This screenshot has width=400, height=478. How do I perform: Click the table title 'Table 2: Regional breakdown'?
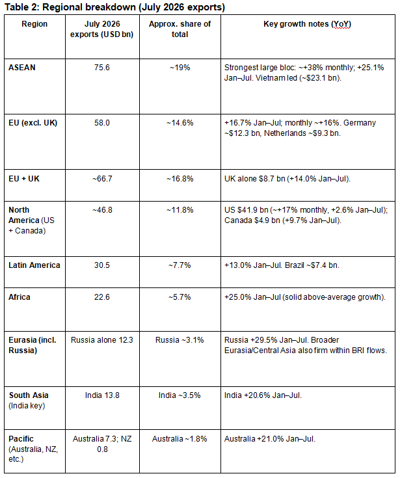click(70, 7)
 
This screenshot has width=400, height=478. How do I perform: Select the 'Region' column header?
click(34, 24)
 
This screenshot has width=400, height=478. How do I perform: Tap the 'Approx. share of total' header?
click(180, 29)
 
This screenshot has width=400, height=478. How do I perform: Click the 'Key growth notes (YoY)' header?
click(307, 24)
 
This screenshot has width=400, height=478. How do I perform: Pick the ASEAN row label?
click(22, 68)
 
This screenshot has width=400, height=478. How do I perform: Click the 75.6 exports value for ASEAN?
click(102, 68)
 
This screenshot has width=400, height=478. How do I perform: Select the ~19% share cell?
click(180, 68)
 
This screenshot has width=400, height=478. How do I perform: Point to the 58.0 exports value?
click(102, 123)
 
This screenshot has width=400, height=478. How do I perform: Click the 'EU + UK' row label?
click(24, 179)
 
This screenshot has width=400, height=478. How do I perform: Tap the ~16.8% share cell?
click(180, 179)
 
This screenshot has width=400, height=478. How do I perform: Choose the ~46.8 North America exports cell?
click(102, 210)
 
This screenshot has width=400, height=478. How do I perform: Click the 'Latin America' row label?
click(34, 265)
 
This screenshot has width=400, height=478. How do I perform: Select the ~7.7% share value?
click(180, 265)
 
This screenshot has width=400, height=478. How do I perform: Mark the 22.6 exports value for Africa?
click(102, 297)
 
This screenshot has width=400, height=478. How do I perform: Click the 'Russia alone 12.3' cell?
click(102, 340)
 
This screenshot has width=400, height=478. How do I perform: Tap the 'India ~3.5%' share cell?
click(180, 395)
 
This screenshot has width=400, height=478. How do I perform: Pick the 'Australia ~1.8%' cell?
click(180, 439)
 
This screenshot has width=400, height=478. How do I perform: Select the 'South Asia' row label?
click(29, 395)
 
